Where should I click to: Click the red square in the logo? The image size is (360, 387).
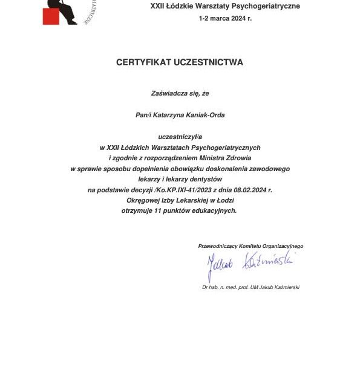pyautogui.click(x=51, y=16)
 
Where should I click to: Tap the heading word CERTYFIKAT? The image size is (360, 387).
pyautogui.click(x=143, y=62)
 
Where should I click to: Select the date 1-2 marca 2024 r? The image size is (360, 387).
pyautogui.click(x=225, y=19)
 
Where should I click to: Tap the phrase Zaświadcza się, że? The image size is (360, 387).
pyautogui.click(x=180, y=93)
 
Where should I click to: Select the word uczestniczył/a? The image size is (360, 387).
pyautogui.click(x=180, y=137)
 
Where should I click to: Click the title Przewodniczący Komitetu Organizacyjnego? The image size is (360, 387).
pyautogui.click(x=250, y=246)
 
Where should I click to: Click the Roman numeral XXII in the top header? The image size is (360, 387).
pyautogui.click(x=158, y=7)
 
